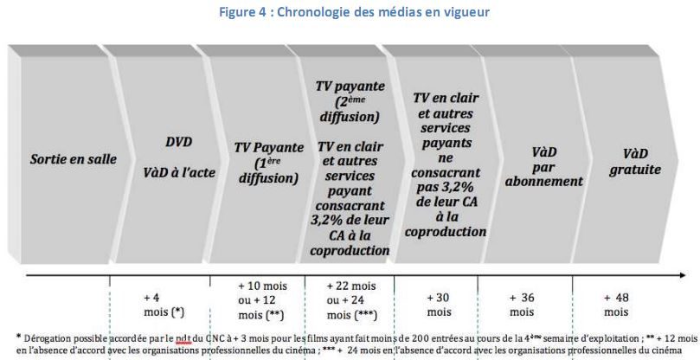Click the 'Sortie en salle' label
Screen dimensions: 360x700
click(61, 160)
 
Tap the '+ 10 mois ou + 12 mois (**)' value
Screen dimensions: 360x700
click(257, 300)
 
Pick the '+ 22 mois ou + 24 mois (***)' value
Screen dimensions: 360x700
click(351, 300)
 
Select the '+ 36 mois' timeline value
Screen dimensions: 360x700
click(522, 304)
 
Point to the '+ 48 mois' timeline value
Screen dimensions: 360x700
click(617, 304)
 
